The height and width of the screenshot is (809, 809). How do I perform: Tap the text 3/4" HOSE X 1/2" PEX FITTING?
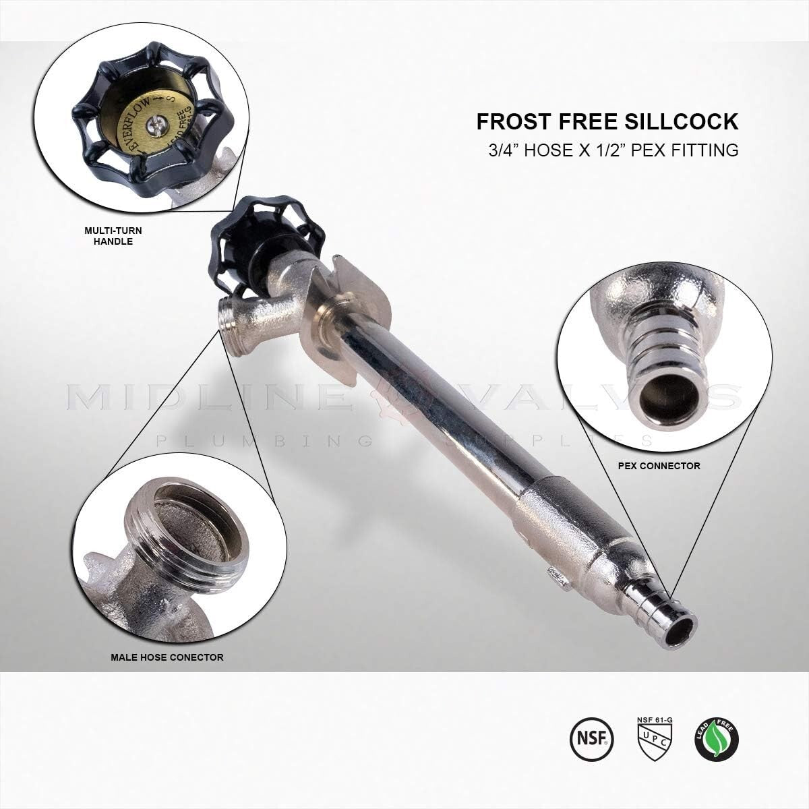[613, 150]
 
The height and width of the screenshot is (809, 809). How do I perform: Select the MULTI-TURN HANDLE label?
[109, 235]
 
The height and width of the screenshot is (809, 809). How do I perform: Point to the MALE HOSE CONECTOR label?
[167, 656]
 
